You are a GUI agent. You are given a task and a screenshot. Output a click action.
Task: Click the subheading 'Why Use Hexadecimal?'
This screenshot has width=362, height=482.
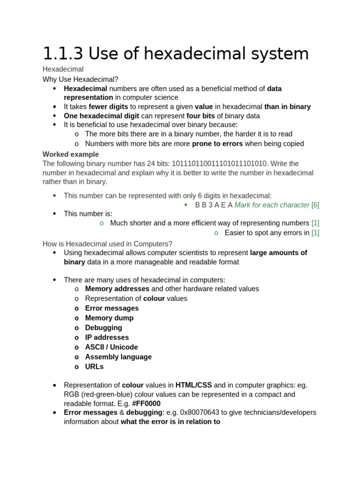81,79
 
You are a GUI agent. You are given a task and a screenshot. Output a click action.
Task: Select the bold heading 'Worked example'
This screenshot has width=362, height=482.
71,154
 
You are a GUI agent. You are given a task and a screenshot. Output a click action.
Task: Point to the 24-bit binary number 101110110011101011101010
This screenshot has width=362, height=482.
220,164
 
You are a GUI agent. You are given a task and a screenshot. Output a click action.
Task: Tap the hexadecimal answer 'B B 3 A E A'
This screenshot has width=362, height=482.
214,205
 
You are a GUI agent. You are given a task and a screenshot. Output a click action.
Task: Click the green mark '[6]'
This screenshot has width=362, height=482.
315,205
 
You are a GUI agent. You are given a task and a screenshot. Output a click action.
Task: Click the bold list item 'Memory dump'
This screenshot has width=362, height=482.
109,318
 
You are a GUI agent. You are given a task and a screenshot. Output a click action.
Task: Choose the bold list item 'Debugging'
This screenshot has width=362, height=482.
103,328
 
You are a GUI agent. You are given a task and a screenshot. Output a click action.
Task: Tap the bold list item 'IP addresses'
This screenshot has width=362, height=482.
107,337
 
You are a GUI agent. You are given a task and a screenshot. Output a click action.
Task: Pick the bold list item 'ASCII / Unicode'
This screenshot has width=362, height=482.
111,347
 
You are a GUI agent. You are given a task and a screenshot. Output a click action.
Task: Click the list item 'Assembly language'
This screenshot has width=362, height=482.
118,357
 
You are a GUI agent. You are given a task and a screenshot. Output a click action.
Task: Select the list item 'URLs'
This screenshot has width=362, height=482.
94,367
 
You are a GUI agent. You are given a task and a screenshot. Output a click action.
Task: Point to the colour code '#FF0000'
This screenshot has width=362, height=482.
146,403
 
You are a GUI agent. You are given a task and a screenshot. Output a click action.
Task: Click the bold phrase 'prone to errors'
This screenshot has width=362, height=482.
217,144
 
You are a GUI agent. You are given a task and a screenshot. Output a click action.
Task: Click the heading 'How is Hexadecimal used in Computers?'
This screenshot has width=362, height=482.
107,243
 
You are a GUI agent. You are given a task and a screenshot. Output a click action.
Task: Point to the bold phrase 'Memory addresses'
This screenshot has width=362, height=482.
117,289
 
